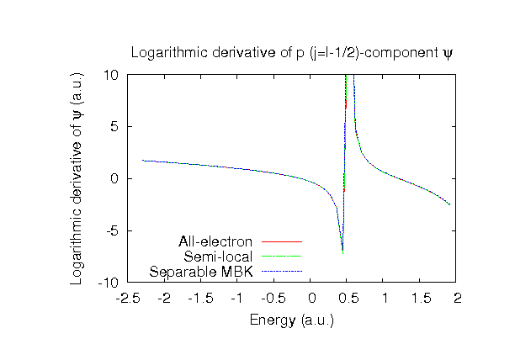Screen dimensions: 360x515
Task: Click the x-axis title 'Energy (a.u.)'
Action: click(x=293, y=320)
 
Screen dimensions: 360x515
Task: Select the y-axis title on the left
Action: click(x=77, y=178)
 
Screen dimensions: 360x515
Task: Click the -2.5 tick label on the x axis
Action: click(x=128, y=299)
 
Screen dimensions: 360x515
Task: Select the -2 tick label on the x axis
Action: click(x=164, y=299)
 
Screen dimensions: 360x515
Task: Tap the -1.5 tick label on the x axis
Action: click(x=201, y=299)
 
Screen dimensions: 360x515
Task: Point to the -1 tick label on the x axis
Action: click(x=238, y=299)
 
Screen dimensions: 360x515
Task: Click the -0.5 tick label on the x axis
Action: click(x=274, y=299)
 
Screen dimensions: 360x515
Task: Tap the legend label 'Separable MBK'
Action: click(x=202, y=272)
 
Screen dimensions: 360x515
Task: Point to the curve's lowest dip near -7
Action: click(x=342, y=251)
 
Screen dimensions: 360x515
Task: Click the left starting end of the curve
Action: click(x=142, y=160)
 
